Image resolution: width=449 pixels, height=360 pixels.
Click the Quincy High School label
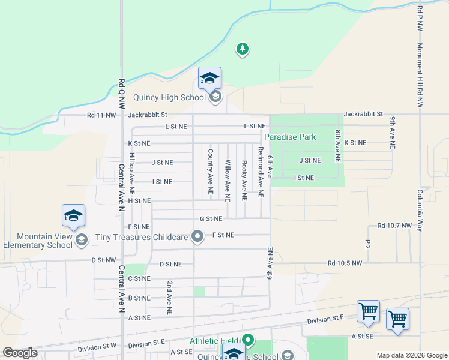[x=170, y=97]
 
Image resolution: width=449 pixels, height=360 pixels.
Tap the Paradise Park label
[x=294, y=137]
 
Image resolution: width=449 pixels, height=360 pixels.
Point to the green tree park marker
[x=242, y=49]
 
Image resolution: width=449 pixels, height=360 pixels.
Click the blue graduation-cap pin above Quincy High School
[x=209, y=79]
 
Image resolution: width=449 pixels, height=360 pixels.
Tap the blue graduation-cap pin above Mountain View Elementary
[x=73, y=216]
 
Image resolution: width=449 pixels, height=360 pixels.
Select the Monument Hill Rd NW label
[x=420, y=75]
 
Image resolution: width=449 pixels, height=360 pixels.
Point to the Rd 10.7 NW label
[x=395, y=226]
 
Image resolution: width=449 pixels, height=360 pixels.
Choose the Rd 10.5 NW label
[x=345, y=263]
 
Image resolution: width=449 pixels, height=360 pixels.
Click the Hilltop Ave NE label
[x=132, y=168]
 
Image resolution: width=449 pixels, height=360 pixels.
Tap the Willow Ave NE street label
[x=228, y=180]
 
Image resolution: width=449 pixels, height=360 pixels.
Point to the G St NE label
[x=211, y=219]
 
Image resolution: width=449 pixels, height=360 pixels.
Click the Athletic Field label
[x=214, y=341]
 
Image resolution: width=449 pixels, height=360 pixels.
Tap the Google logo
[x=20, y=353]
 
